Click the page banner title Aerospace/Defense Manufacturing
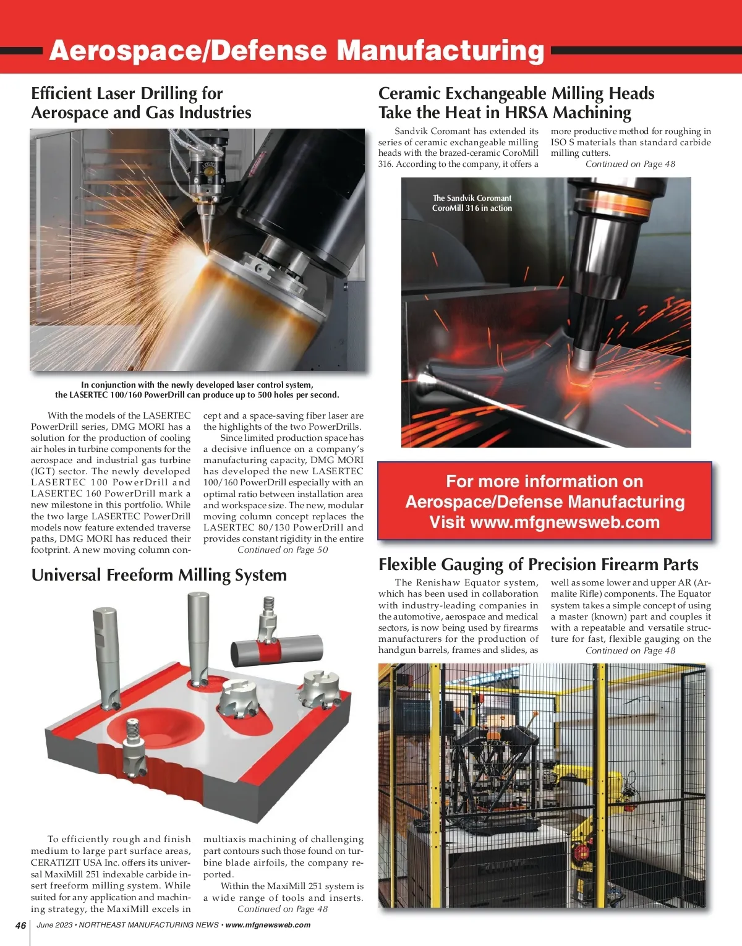click(296, 51)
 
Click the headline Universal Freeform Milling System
click(159, 575)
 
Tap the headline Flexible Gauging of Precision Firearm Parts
click(538, 565)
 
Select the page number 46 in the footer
click(21, 926)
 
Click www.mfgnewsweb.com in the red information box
click(565, 522)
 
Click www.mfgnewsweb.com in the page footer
click(268, 926)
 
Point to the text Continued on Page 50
click(283, 550)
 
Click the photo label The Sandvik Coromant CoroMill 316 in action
click(472, 203)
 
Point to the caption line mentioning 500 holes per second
click(197, 394)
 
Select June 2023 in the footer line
click(54, 926)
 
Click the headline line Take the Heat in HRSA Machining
click(505, 113)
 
